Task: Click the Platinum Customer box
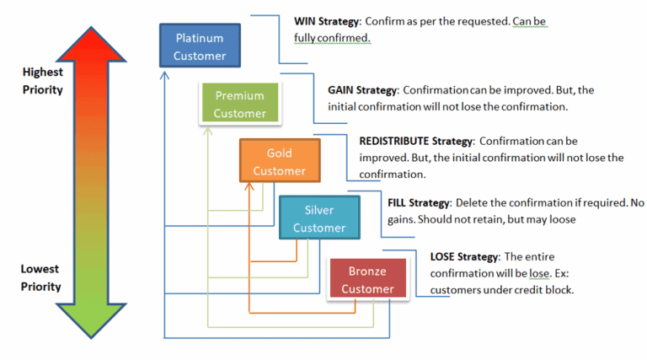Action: tap(200, 46)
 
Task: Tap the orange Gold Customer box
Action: tap(279, 162)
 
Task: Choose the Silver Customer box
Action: tap(319, 218)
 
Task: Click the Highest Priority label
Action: tap(43, 81)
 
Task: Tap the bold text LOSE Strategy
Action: tap(464, 256)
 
